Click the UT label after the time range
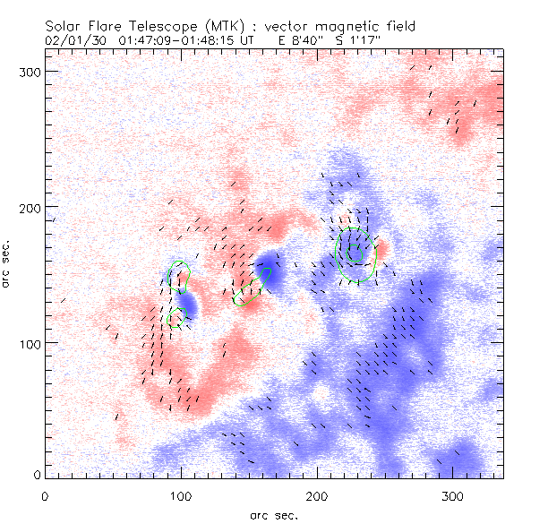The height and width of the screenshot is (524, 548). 236,40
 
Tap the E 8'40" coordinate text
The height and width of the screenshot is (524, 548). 287,40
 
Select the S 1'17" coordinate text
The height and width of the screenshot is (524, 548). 350,40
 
